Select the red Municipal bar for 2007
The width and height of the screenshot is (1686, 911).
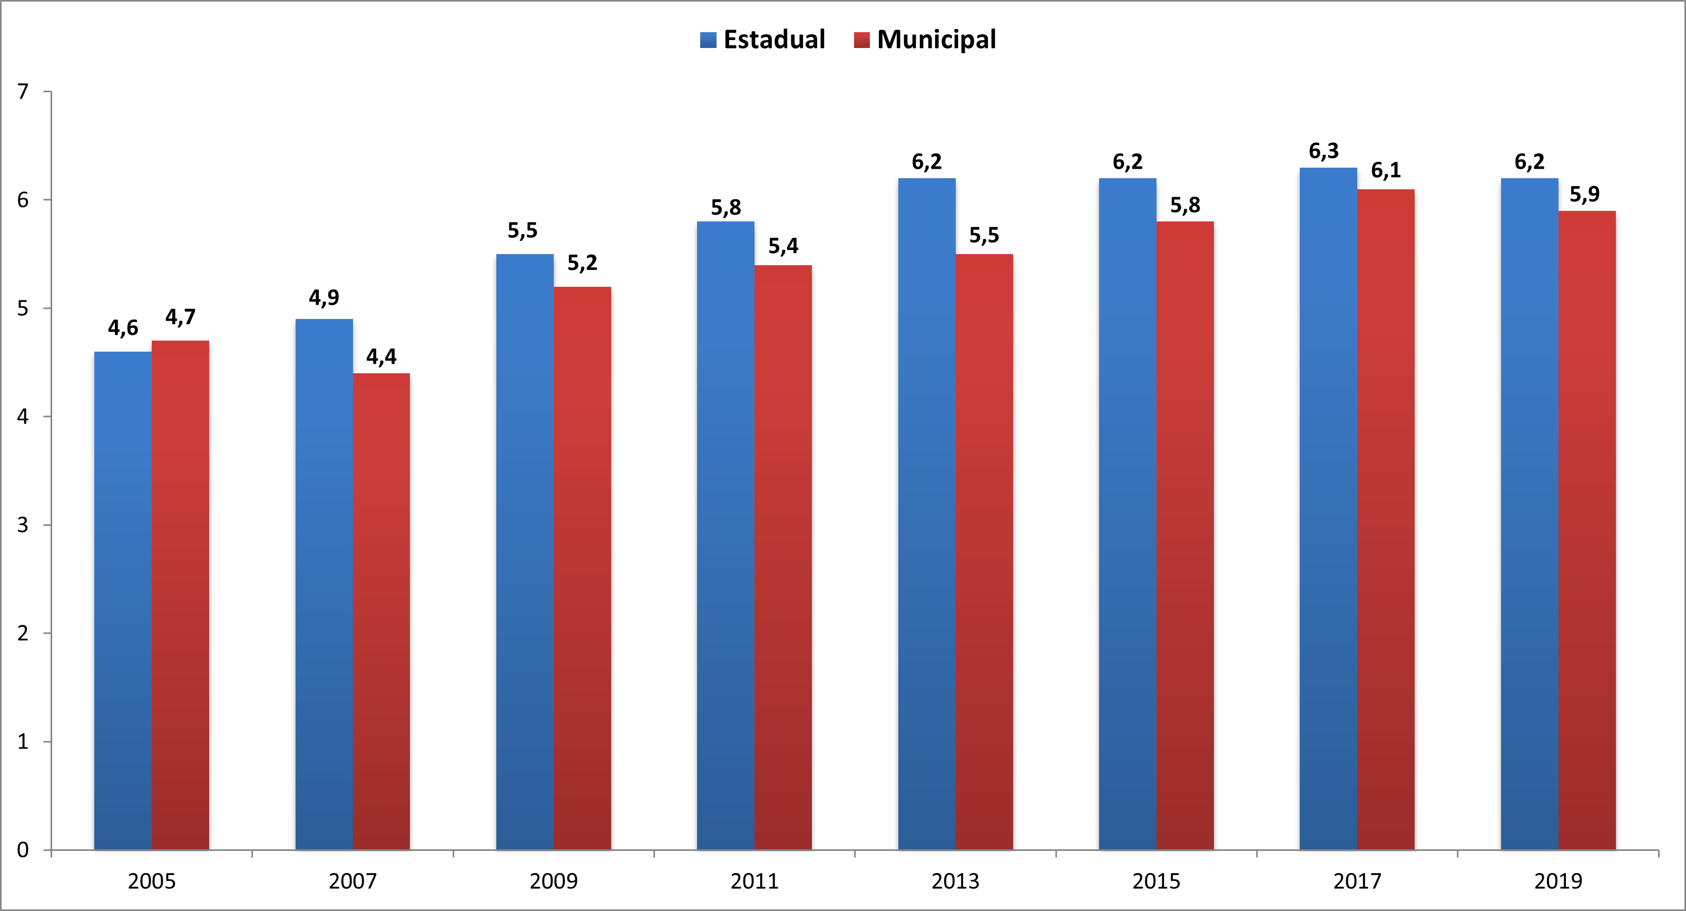tap(381, 611)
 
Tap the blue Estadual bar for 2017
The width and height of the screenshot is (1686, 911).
tap(1328, 508)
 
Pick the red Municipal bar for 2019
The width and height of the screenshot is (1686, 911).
tap(1586, 530)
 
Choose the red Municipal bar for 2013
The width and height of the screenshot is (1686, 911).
tap(984, 551)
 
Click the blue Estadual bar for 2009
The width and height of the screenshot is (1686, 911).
tap(524, 551)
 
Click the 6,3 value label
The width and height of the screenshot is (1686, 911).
tap(1324, 151)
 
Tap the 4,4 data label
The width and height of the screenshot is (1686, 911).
tap(381, 357)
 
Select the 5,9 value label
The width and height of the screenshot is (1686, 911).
tap(1584, 194)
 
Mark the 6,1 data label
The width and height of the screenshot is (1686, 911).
tap(1386, 170)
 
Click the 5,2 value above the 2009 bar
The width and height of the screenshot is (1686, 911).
tap(582, 263)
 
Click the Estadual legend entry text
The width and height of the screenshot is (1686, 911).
tap(775, 40)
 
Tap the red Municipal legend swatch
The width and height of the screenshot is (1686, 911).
tap(861, 40)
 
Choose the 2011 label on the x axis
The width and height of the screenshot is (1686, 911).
tap(754, 881)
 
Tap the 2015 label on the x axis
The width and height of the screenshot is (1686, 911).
tap(1156, 881)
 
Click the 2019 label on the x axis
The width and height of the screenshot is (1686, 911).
tap(1558, 881)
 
